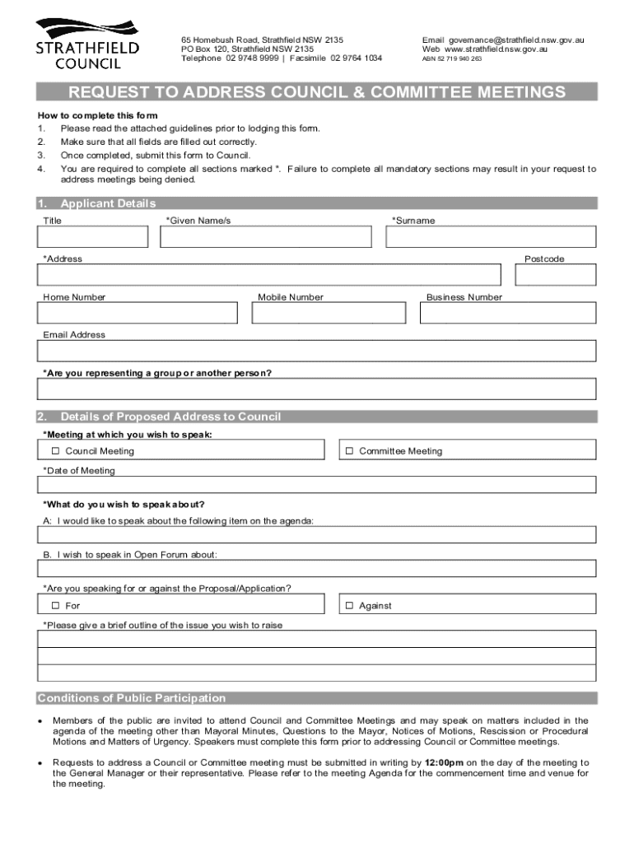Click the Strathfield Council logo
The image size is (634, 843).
point(86,43)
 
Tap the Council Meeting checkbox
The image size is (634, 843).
point(56,451)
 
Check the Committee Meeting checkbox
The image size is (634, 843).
point(349,451)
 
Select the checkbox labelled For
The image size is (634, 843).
point(56,606)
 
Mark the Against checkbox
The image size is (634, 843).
point(349,606)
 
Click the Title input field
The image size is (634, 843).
point(92,237)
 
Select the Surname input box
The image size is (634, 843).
point(491,237)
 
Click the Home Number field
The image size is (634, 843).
point(137,314)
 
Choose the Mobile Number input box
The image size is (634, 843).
point(329,314)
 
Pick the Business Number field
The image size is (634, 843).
point(508,314)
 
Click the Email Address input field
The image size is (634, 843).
point(316,352)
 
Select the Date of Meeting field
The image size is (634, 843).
point(316,485)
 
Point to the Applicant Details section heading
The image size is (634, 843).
point(108,204)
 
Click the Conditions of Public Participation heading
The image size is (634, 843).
point(132,698)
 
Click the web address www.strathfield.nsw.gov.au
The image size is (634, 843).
point(496,49)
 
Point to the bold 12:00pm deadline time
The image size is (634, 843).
point(444,763)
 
